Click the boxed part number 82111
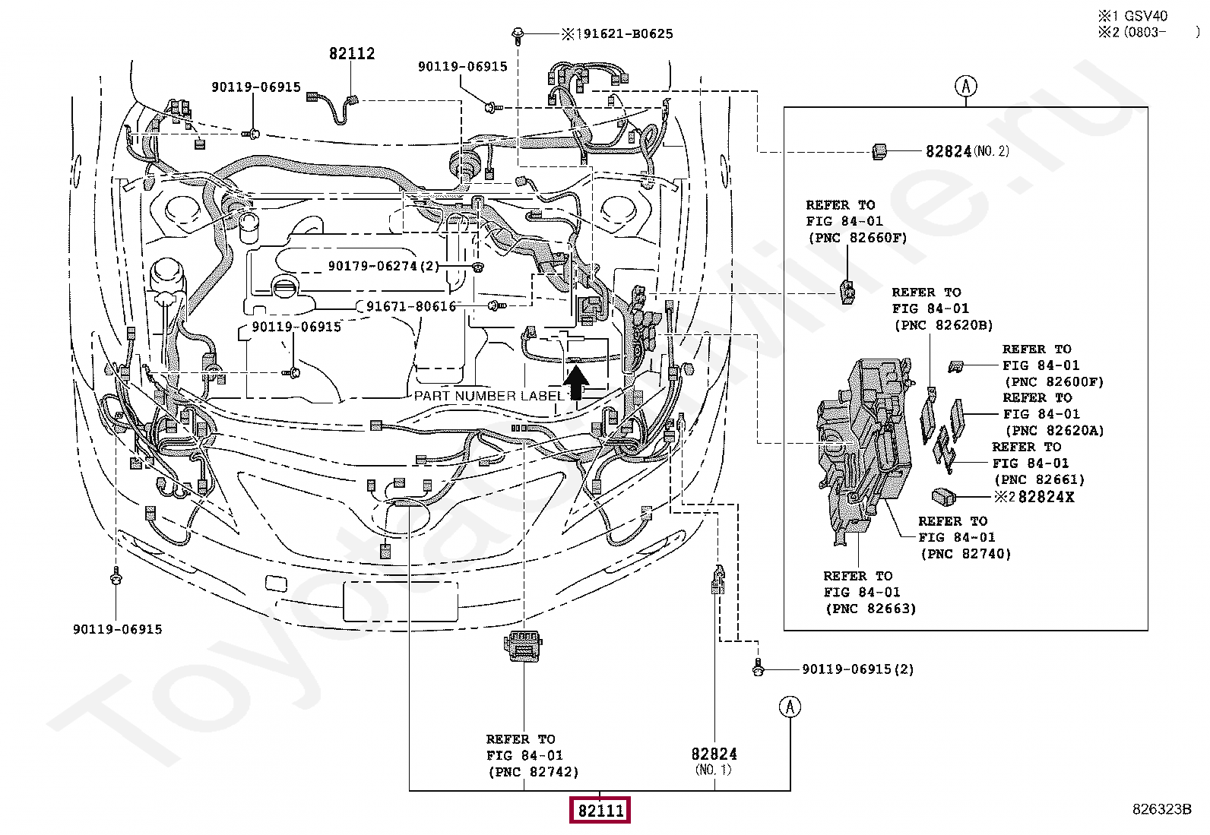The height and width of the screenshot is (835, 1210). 600,810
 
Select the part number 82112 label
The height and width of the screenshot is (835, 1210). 352,53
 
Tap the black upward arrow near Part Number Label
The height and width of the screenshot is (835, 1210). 576,382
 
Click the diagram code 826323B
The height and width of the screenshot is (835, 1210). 1161,809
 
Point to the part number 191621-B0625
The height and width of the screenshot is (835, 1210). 625,34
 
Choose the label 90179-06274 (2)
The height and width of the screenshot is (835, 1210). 384,266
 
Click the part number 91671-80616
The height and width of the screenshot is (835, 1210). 411,306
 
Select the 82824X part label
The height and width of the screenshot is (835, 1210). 1046,497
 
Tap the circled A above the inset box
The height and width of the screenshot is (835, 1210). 966,86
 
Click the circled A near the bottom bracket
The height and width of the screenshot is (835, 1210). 790,707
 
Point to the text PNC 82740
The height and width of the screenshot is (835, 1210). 966,554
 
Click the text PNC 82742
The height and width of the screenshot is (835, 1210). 533,772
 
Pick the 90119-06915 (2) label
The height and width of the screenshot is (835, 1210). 858,669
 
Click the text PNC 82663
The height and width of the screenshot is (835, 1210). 871,609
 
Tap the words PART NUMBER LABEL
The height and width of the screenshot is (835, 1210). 489,396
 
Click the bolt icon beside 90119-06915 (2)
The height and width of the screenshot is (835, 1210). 758,668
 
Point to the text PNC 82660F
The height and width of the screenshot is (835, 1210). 857,238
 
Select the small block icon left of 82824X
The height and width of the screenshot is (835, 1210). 944,497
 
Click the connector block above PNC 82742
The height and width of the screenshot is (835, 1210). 523,647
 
